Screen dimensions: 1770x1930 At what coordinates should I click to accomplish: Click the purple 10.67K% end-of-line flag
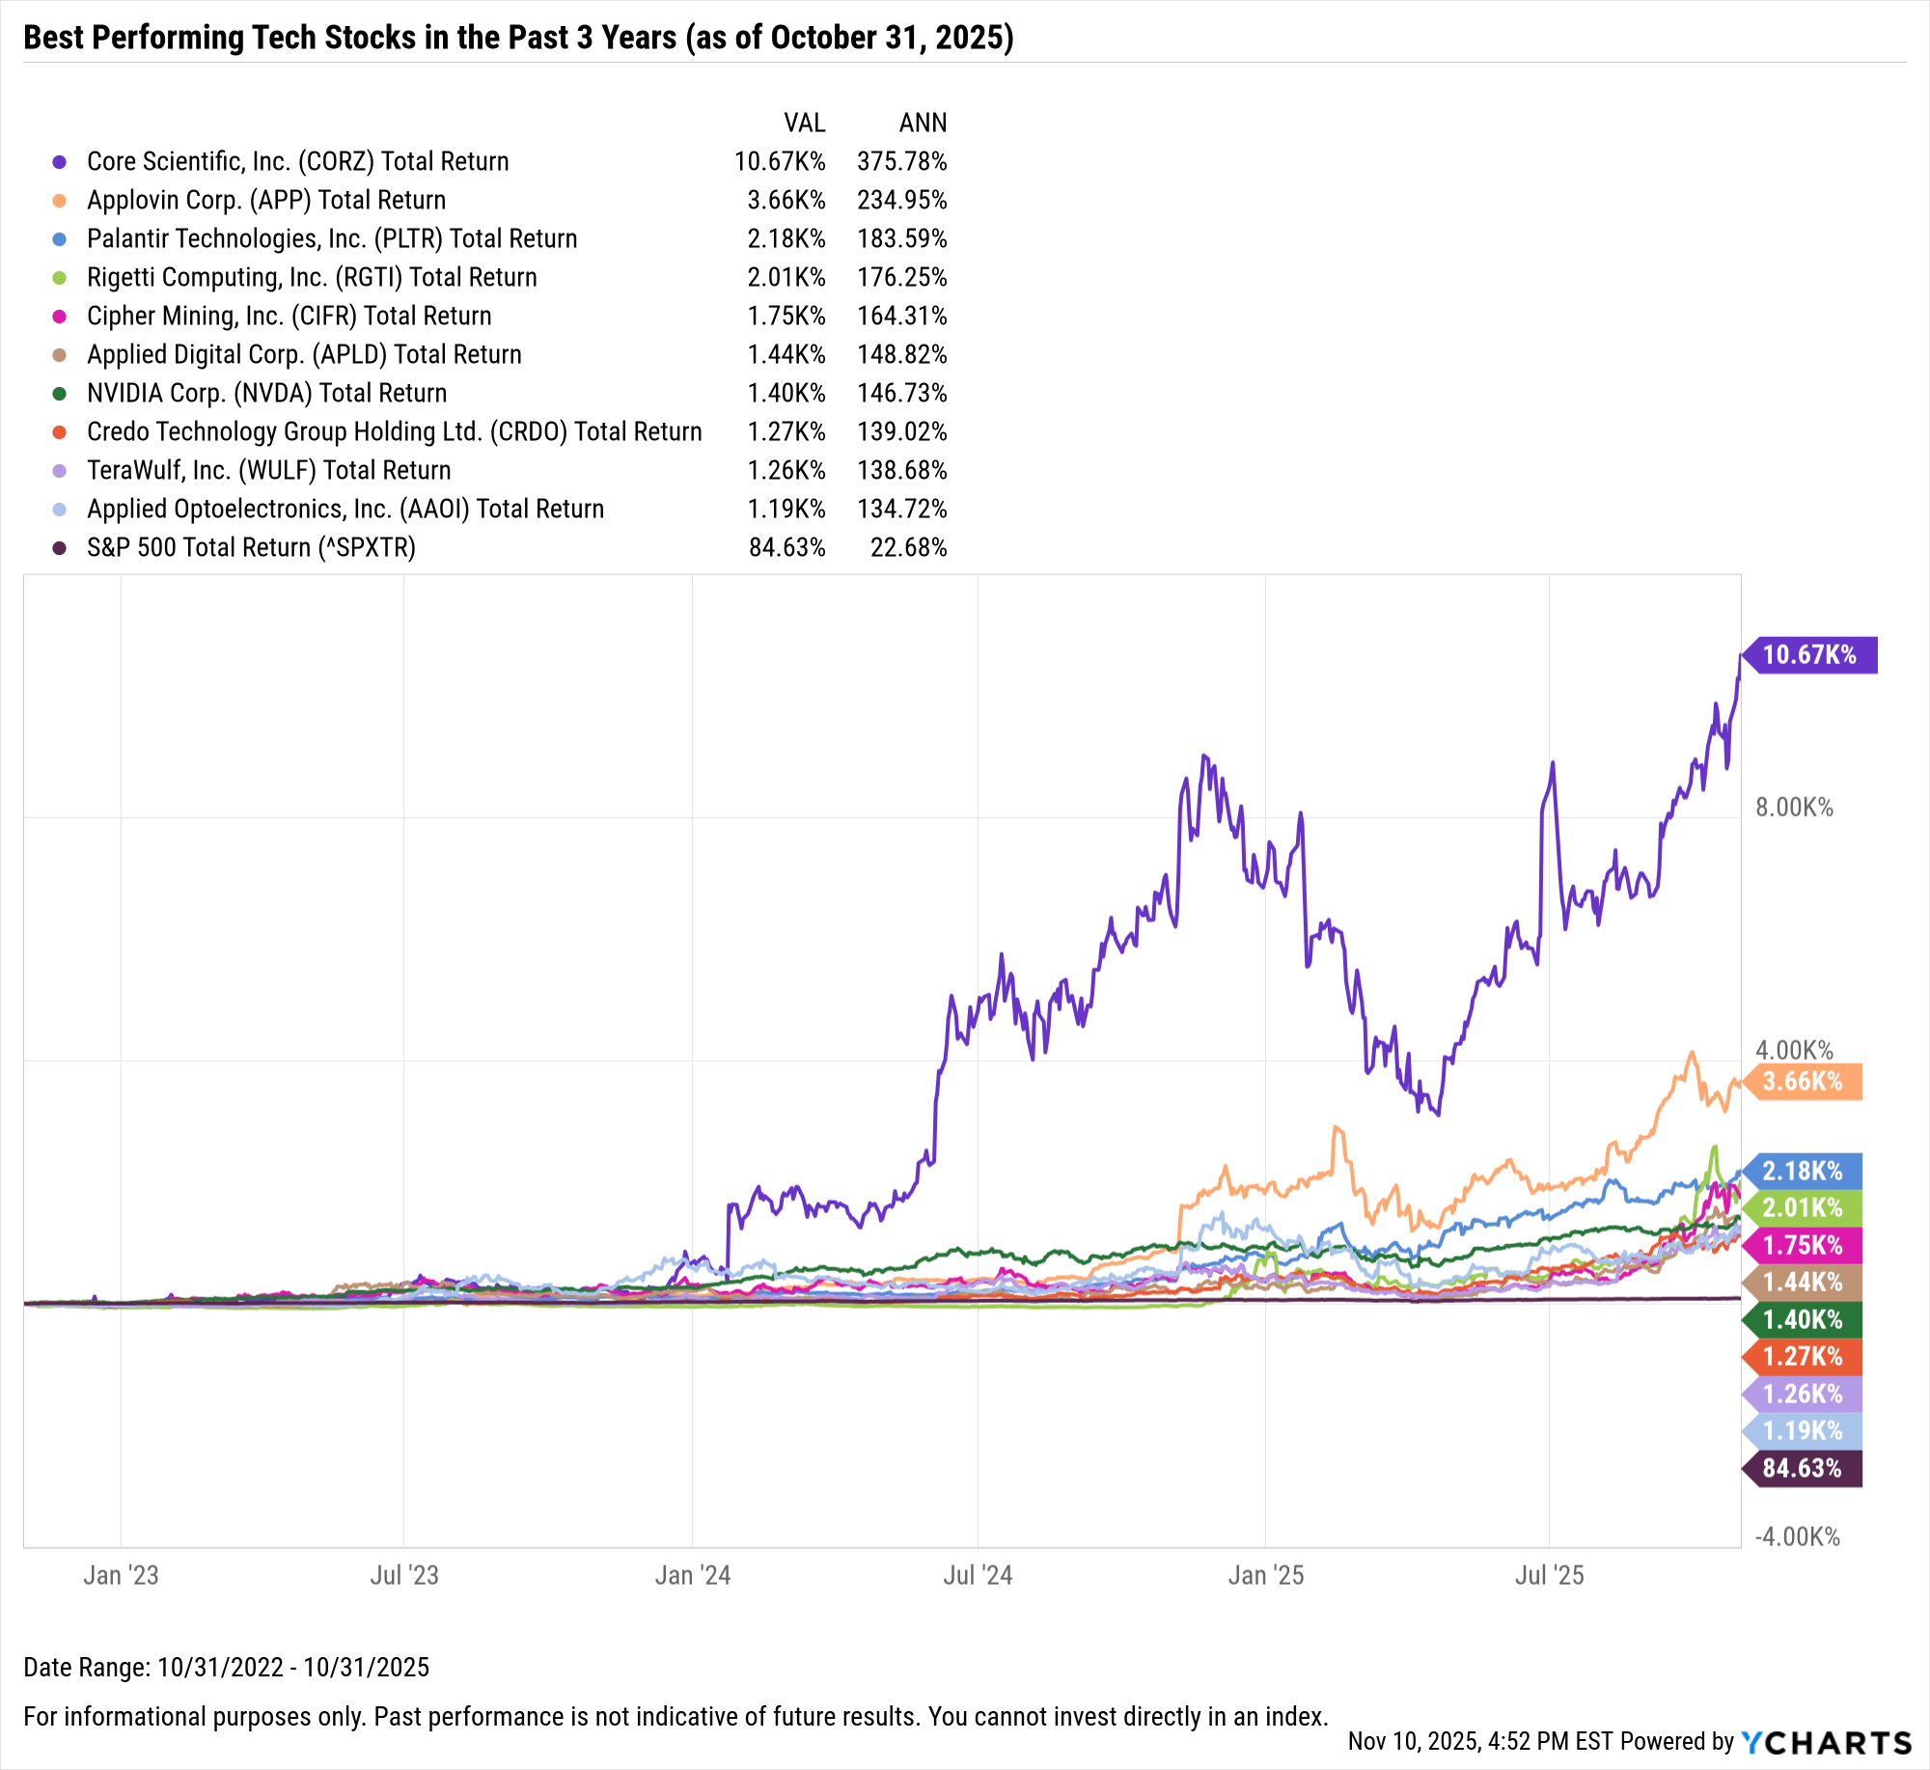pos(1809,655)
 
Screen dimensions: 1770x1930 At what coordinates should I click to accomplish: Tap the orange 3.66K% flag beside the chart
pos(1803,1082)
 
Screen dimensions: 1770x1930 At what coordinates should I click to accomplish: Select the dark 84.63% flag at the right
pos(1802,1469)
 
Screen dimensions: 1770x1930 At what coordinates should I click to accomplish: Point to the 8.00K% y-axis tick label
pos(1794,808)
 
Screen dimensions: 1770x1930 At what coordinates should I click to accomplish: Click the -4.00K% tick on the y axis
pos(1797,1537)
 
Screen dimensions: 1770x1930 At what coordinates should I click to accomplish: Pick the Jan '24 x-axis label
pos(692,1576)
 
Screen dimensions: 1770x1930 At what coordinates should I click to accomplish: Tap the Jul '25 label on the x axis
pos(1549,1576)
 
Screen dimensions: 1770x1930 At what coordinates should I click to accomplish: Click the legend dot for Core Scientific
pos(60,162)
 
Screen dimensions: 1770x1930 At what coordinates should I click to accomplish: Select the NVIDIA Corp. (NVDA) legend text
pos(266,394)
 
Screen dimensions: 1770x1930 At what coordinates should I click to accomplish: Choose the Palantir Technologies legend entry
pos(332,239)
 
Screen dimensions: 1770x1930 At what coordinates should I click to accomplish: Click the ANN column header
pos(923,124)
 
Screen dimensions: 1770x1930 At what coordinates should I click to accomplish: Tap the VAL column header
pos(804,124)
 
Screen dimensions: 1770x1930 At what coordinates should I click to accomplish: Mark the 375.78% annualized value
pos(901,162)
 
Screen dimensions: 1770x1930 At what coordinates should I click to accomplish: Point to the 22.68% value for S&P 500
pos(908,548)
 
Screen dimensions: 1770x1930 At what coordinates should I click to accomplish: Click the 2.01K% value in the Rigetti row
pos(786,278)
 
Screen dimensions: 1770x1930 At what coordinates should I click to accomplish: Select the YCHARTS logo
pos(1826,1743)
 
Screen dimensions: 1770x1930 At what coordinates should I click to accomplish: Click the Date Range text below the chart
pos(227,1668)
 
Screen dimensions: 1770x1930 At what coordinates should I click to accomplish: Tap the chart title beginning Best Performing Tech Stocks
pos(518,38)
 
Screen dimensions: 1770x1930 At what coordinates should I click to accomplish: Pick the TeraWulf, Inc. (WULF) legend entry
pos(268,471)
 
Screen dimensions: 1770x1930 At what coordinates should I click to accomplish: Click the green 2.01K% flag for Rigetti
pos(1803,1208)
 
